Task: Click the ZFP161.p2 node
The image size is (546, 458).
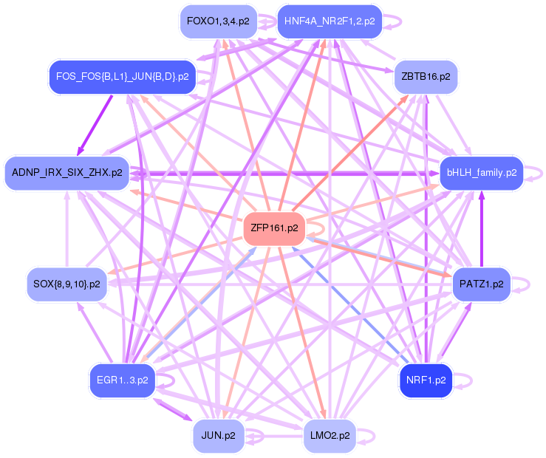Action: pyautogui.click(x=274, y=228)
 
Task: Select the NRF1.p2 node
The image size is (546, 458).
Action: pyautogui.click(x=426, y=380)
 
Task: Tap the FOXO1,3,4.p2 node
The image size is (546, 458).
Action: pyautogui.click(x=219, y=21)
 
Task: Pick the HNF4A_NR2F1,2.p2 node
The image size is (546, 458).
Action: pyautogui.click(x=330, y=21)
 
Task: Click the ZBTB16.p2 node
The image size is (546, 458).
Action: pyautogui.click(x=426, y=77)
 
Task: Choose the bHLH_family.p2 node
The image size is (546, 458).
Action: pyautogui.click(x=482, y=173)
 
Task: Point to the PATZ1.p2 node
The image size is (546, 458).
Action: pyautogui.click(x=482, y=284)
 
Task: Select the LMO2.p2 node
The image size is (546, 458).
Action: pyautogui.click(x=330, y=436)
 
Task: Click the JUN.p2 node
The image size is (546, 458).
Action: pyautogui.click(x=219, y=436)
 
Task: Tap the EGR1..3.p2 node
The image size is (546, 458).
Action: pyautogui.click(x=122, y=380)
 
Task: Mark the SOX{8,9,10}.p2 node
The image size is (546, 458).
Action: pyautogui.click(x=66, y=284)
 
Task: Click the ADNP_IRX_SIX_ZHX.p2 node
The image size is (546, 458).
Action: pyautogui.click(x=66, y=173)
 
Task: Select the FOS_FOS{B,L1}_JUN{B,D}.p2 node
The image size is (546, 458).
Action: pyautogui.click(x=122, y=77)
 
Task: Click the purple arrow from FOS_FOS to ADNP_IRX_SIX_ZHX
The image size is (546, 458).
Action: pyautogui.click(x=95, y=125)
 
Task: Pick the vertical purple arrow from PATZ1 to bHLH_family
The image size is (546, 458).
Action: pyautogui.click(x=482, y=229)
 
